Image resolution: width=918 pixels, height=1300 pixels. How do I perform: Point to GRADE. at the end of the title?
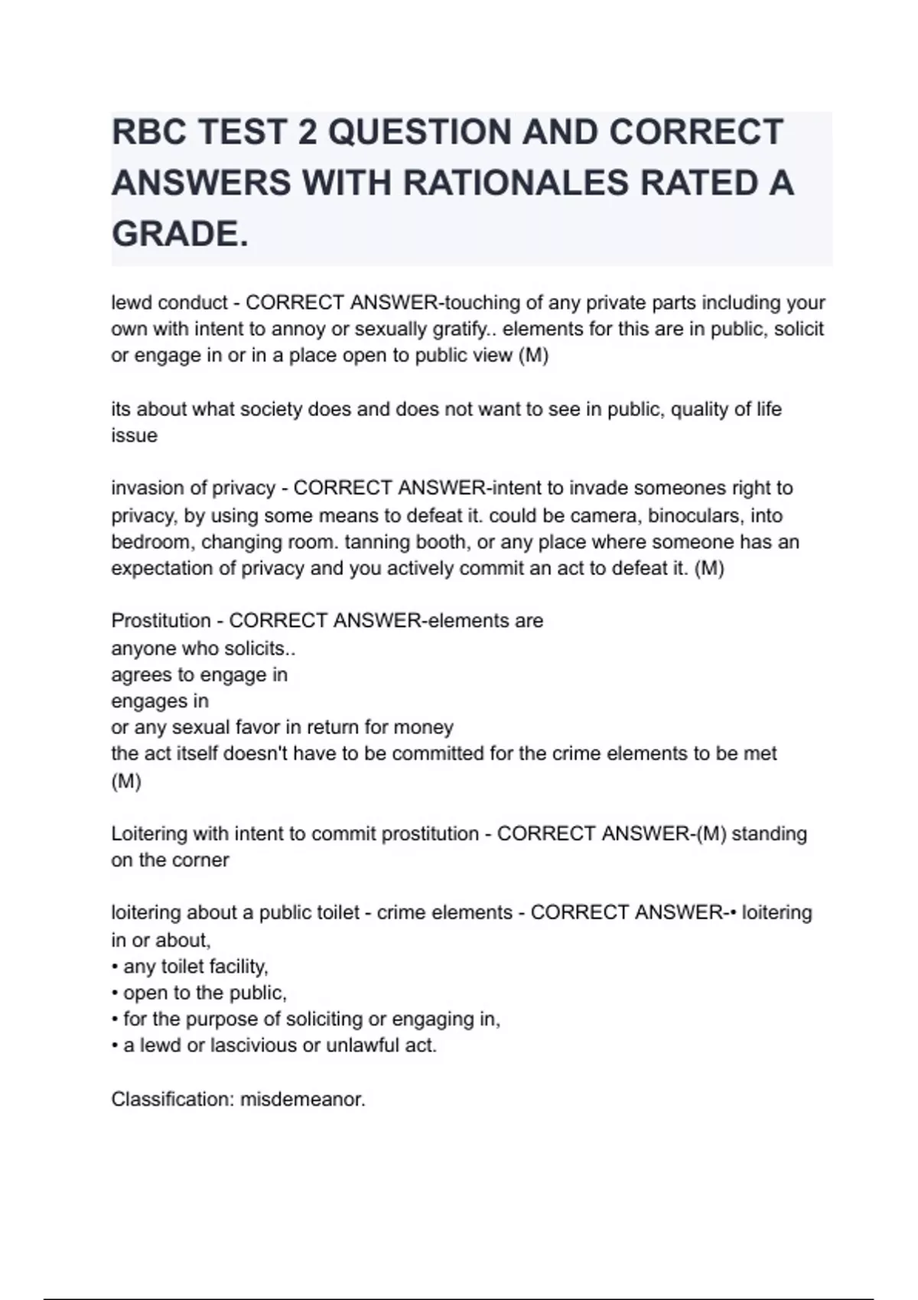[181, 234]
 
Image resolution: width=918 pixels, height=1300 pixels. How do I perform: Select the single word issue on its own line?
[135, 435]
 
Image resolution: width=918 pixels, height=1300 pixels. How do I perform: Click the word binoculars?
[695, 515]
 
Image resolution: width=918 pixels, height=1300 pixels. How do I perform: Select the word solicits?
[259, 648]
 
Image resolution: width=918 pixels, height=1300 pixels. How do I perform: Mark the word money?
[426, 726]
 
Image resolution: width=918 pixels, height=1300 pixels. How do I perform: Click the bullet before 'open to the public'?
[115, 993]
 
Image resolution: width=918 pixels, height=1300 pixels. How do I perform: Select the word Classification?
[173, 1100]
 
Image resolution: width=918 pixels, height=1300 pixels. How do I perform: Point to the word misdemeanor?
[303, 1100]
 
